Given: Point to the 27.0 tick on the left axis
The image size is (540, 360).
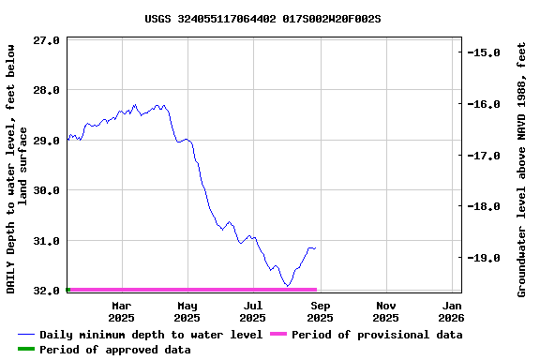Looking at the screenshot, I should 47,40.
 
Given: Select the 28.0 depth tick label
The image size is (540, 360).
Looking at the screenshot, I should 47,90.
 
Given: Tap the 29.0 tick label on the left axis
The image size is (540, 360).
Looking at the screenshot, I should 47,141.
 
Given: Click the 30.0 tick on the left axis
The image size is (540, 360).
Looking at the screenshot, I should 47,190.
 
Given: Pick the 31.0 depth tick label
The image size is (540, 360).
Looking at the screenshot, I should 47,241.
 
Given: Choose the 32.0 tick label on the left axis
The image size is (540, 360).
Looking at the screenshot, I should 47,291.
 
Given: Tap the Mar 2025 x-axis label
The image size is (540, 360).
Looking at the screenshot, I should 121,311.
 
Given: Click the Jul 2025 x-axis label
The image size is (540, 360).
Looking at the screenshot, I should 253,311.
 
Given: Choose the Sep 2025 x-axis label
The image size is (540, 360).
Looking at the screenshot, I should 320,311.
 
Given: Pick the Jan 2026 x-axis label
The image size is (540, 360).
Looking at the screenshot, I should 452,311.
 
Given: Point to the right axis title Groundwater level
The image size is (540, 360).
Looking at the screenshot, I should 522,169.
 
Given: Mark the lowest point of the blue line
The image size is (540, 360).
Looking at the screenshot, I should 288,286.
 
